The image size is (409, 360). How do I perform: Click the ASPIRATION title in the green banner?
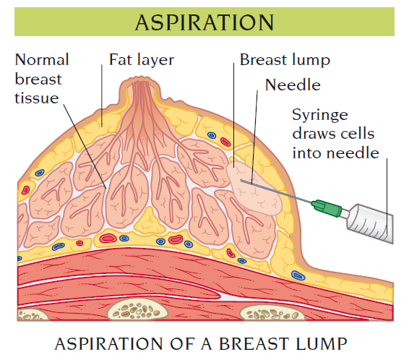(x=204, y=22)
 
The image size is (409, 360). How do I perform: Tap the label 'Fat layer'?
(x=142, y=60)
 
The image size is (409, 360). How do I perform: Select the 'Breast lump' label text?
(x=285, y=60)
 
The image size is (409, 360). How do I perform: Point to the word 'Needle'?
(x=293, y=85)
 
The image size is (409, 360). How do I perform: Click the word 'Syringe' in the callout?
(x=320, y=115)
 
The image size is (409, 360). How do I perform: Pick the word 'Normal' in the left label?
(x=42, y=60)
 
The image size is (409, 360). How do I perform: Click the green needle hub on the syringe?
(x=327, y=208)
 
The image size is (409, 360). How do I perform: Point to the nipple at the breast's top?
(x=139, y=87)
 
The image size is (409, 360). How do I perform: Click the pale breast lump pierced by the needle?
(x=254, y=188)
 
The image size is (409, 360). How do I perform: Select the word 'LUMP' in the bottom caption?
(x=321, y=344)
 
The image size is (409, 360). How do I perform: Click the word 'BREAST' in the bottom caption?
(x=254, y=344)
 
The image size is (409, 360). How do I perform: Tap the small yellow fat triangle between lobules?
(x=150, y=221)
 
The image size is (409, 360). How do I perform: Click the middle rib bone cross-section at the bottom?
(x=137, y=309)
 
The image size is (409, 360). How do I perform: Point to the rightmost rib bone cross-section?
(x=272, y=312)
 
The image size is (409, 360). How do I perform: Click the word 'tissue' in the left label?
(x=37, y=98)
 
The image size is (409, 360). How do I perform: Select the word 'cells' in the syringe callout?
(x=359, y=134)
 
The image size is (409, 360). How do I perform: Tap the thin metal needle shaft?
(x=276, y=192)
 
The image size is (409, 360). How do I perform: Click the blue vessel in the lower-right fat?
(x=298, y=275)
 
